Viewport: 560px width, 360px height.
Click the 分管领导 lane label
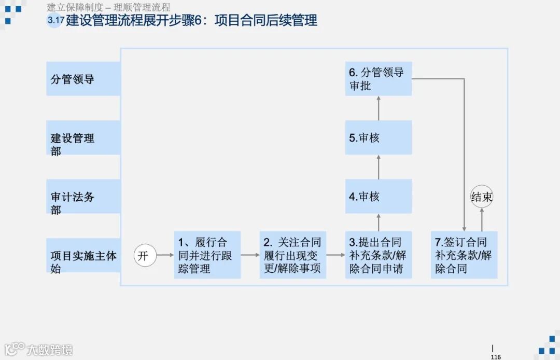point(83,79)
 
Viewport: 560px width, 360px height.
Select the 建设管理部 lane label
point(83,138)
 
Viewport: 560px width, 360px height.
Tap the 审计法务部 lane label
point(83,197)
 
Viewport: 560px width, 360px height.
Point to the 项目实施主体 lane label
point(83,256)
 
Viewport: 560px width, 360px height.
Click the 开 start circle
point(145,255)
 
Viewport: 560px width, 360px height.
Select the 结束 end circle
point(482,197)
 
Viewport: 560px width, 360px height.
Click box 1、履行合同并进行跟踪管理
point(207,255)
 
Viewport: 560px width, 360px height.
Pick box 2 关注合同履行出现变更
point(293,255)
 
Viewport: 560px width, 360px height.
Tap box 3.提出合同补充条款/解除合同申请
point(379,255)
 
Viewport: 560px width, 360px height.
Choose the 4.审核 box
point(379,197)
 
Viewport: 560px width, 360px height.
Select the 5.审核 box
point(379,138)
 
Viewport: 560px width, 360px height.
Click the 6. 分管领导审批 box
point(379,79)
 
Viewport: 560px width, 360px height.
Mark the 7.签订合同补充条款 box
point(464,255)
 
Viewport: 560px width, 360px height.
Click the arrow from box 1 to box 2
point(250,255)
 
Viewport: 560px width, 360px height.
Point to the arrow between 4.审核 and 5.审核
point(379,167)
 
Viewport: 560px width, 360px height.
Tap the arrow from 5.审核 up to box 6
point(379,108)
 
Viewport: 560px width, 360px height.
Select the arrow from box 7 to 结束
point(482,220)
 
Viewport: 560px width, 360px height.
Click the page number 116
point(496,357)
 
